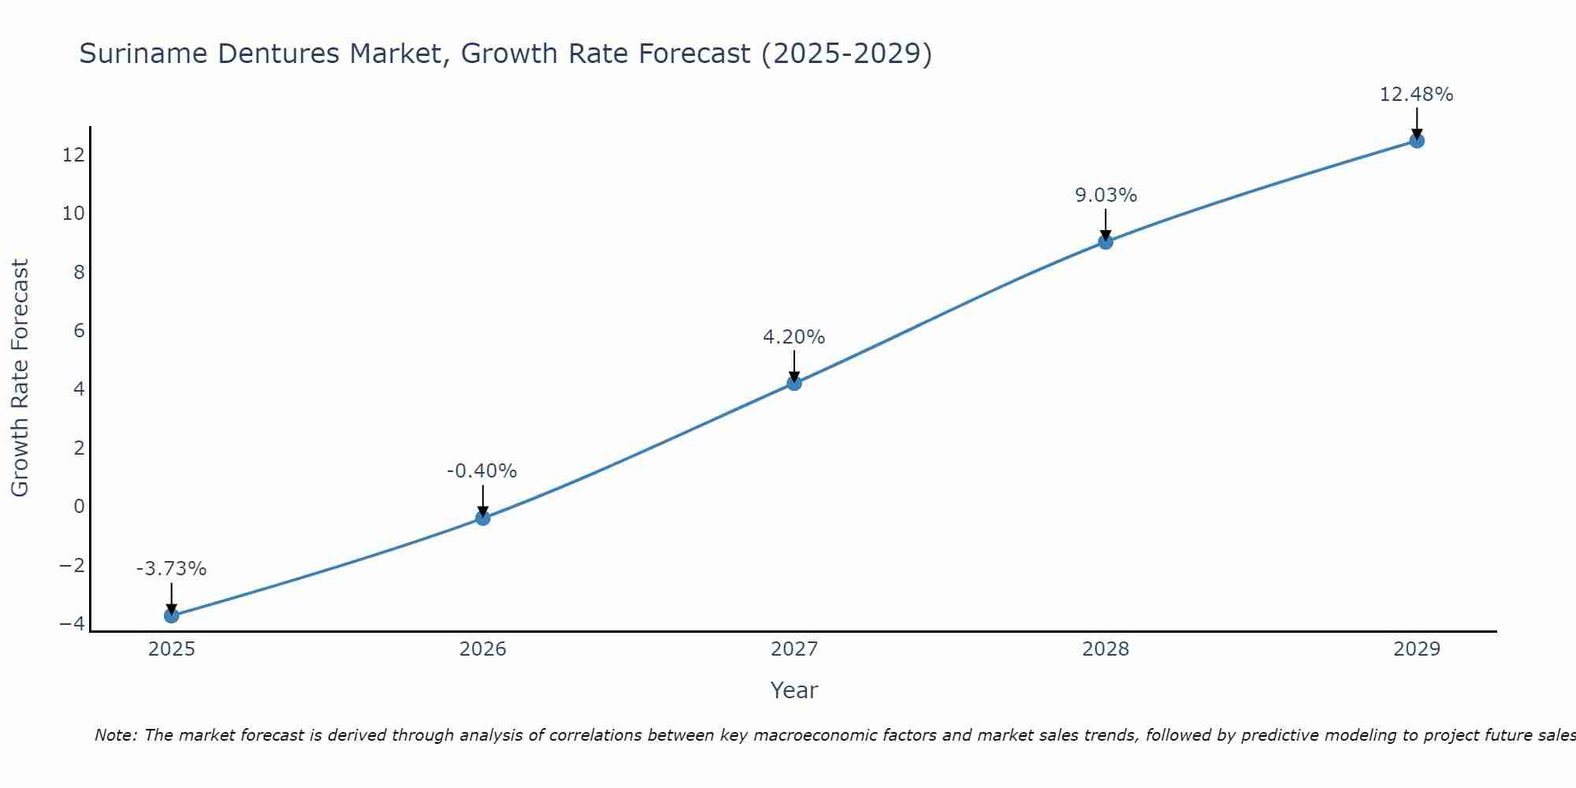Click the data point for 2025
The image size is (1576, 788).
pos(172,615)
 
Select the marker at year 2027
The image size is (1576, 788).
pos(794,383)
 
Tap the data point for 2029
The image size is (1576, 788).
pos(1417,141)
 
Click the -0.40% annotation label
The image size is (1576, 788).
pos(481,471)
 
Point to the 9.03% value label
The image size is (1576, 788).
pos(1106,195)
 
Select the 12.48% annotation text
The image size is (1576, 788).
pos(1416,95)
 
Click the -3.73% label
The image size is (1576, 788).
pos(171,569)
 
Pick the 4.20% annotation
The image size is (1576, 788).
pos(794,337)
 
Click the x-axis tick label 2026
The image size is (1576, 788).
pos(483,649)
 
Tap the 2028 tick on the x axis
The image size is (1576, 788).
pos(1106,649)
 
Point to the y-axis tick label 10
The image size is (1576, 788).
pos(73,214)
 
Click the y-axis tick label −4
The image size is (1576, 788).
pos(72,623)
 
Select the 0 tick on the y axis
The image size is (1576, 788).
pos(79,506)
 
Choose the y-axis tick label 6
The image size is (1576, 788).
pos(79,330)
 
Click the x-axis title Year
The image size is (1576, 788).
pos(794,690)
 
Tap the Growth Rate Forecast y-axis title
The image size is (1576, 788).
pos(20,377)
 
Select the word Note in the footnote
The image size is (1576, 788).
pos(115,735)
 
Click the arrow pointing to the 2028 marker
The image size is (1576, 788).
pos(1106,225)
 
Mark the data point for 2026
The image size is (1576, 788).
pos(483,518)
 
